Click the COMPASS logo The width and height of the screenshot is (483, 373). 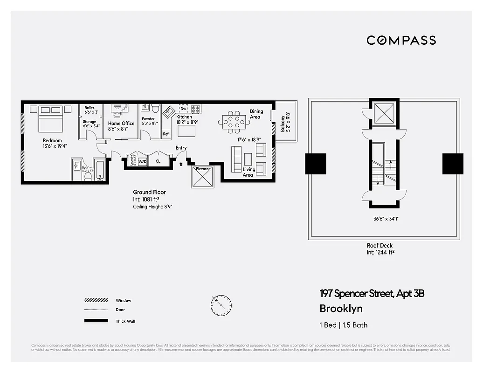401,40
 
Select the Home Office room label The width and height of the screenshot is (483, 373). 121,124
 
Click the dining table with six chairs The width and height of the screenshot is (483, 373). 233,122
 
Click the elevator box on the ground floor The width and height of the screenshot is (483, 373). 202,177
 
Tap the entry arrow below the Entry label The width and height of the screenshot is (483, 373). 181,164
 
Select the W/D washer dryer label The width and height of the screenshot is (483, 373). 142,161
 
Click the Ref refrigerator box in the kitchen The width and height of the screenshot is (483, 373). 166,134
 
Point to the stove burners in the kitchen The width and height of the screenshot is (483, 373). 196,110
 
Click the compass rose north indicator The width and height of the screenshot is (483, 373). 221,305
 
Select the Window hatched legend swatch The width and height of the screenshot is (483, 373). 95,301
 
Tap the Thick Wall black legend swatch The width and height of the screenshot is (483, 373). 95,321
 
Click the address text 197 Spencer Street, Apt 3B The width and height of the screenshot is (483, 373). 372,294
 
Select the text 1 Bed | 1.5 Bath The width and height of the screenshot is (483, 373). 343,325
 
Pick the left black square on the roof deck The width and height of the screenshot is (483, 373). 316,164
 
